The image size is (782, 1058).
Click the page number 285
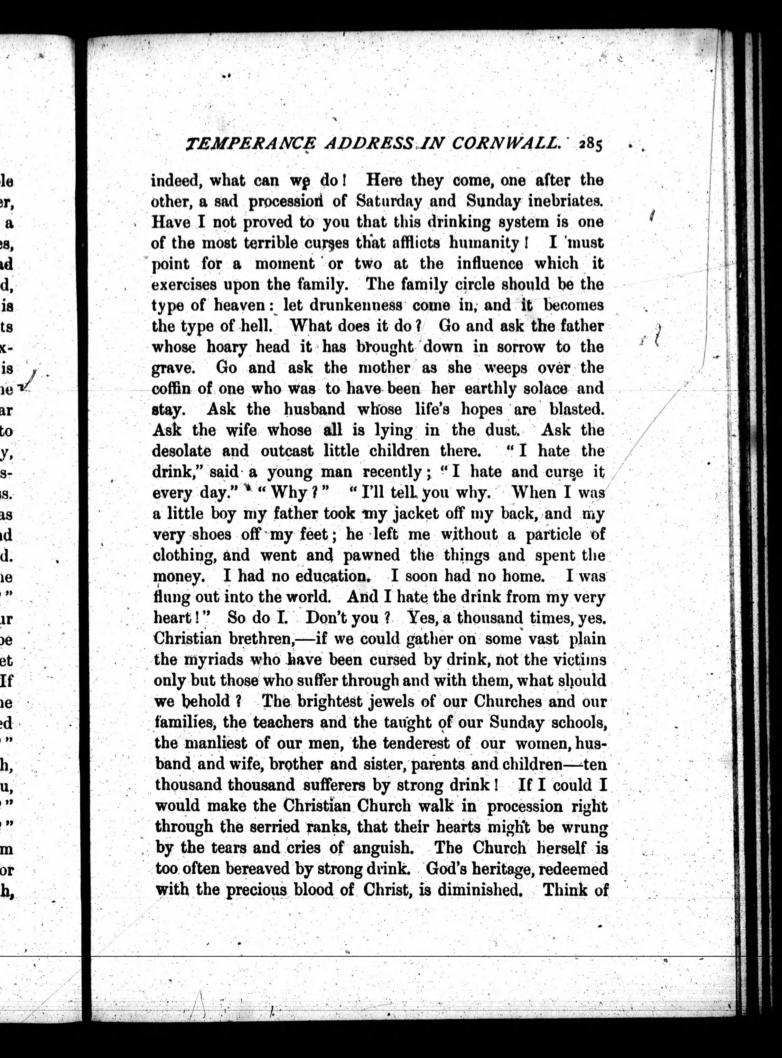pos(590,144)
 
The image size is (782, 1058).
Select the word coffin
pos(171,389)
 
